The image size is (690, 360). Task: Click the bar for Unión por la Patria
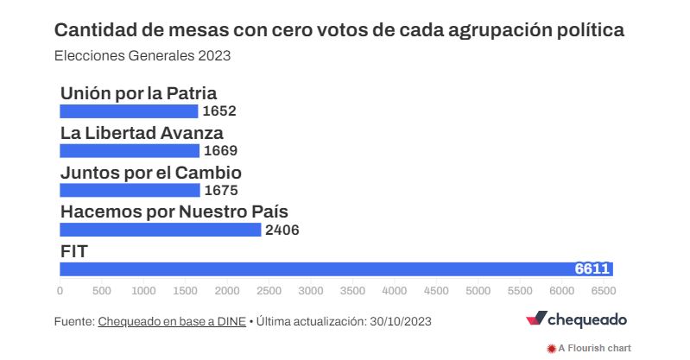click(x=129, y=111)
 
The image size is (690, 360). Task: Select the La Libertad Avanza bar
click(x=130, y=150)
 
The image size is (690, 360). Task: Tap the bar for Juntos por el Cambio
click(x=130, y=190)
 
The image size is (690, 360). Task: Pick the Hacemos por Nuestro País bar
click(x=161, y=230)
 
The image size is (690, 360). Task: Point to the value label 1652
click(x=218, y=111)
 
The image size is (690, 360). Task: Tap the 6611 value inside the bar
click(x=593, y=268)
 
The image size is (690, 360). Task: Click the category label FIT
click(x=75, y=251)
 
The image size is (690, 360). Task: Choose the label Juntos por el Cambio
click(x=150, y=173)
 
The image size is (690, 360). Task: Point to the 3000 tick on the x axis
click(x=311, y=291)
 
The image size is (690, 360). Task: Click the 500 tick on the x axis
click(x=101, y=291)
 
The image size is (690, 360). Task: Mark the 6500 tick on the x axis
click(x=604, y=291)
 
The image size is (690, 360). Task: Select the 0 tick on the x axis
click(x=60, y=291)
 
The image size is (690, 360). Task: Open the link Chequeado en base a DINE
click(x=172, y=321)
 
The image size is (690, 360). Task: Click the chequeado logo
click(x=576, y=319)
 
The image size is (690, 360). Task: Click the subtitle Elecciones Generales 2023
click(x=142, y=55)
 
